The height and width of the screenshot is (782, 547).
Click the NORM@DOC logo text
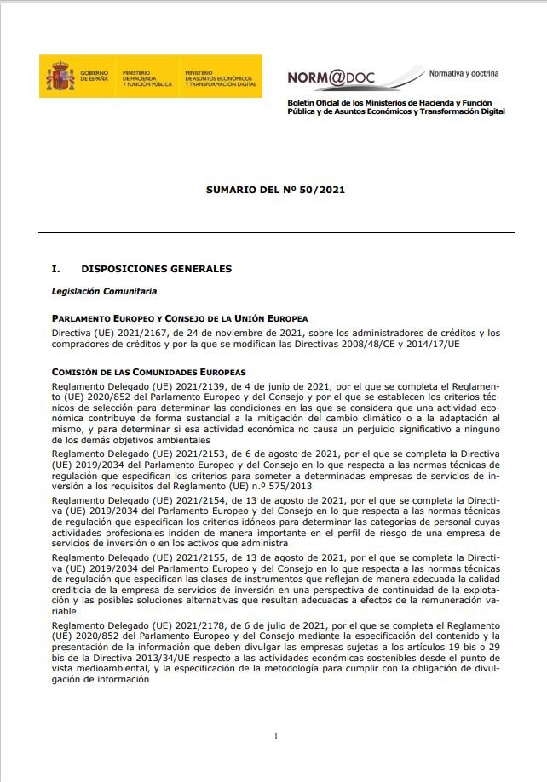(x=326, y=77)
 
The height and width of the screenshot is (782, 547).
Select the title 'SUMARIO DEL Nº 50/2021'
(x=275, y=191)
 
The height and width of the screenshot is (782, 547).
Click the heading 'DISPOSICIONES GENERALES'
(x=157, y=269)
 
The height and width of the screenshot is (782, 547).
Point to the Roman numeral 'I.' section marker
(x=56, y=269)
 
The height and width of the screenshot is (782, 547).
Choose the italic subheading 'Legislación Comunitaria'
(x=105, y=292)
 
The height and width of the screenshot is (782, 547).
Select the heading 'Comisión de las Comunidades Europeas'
(x=148, y=372)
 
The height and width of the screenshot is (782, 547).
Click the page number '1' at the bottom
(x=276, y=735)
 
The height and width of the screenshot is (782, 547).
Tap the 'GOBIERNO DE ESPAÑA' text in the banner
(x=95, y=77)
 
